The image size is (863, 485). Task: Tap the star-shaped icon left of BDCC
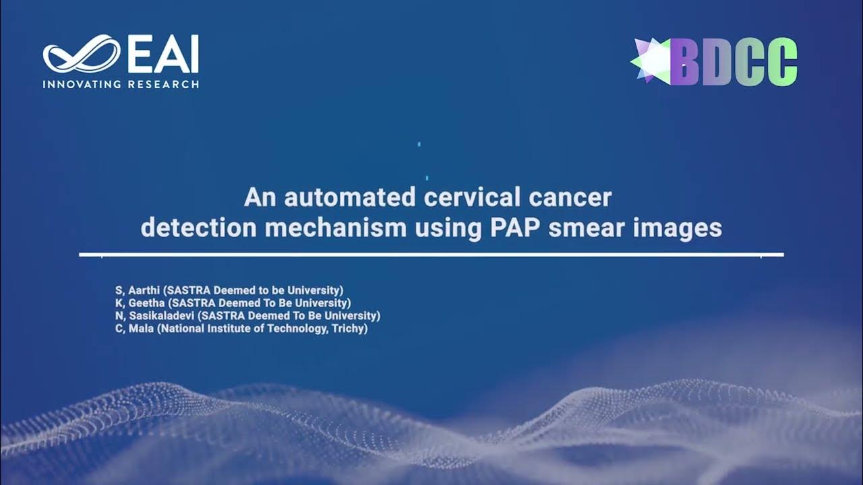pos(651,61)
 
